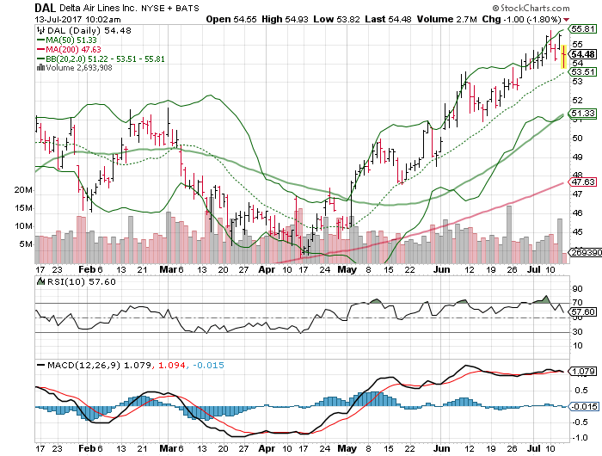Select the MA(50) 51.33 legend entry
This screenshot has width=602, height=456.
pos(71,40)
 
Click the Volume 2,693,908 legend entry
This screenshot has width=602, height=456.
pos(81,68)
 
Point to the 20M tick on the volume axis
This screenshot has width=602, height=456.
pos(23,189)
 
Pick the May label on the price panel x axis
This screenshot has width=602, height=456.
pos(347,269)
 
